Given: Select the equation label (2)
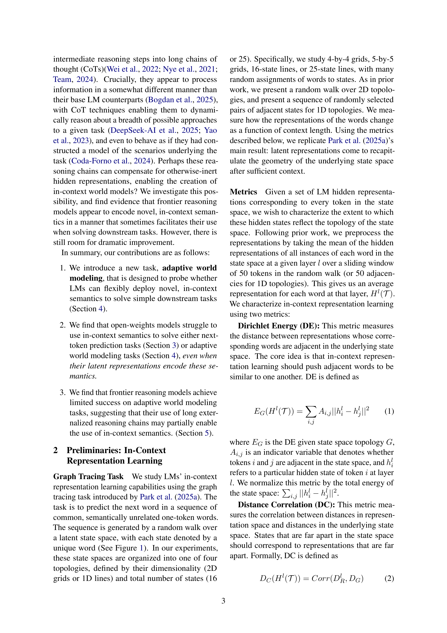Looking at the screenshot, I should click(x=389, y=579).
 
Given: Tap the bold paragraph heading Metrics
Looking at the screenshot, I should click(x=243, y=192).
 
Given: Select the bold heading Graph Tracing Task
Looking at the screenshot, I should click(x=88, y=477).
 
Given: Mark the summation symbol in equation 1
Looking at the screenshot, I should click(x=311, y=412).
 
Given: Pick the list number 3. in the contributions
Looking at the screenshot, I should click(x=62, y=393).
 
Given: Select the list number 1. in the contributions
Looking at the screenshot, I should click(x=62, y=268).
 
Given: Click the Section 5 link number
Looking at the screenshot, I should click(x=207, y=433).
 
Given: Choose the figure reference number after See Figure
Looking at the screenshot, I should click(x=141, y=548).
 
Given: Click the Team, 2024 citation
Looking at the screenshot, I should click(x=73, y=79).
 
